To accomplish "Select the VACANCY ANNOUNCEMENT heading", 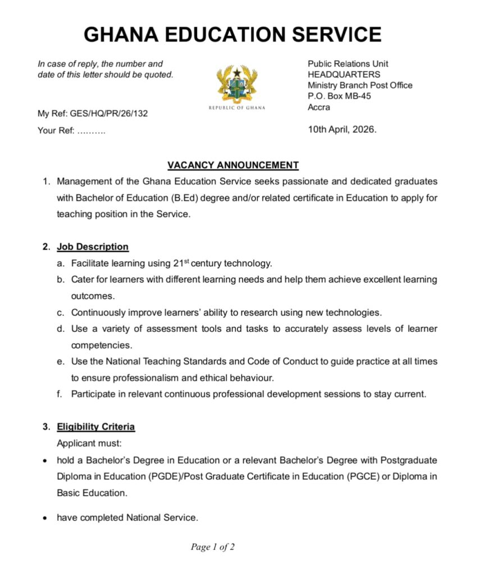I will (233, 165).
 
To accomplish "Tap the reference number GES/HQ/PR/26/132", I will (109, 114).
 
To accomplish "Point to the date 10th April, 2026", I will (342, 129).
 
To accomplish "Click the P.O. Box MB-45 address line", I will (339, 96).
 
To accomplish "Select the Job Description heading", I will (93, 247).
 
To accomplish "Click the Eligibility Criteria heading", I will (95, 427).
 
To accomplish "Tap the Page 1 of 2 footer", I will (213, 547).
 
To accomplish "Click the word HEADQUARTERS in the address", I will (344, 75).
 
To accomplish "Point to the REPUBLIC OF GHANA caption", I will (236, 108).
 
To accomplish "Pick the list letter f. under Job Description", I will (60, 394).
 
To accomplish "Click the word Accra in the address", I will (319, 107).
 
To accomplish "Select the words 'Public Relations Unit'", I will (348, 64).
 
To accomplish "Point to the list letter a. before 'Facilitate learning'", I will (60, 263).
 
